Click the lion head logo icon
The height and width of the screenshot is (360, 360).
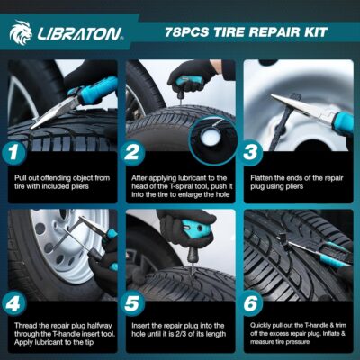coord(21,33)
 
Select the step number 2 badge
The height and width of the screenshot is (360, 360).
coord(133,155)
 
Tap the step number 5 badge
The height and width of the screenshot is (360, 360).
coord(133,302)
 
